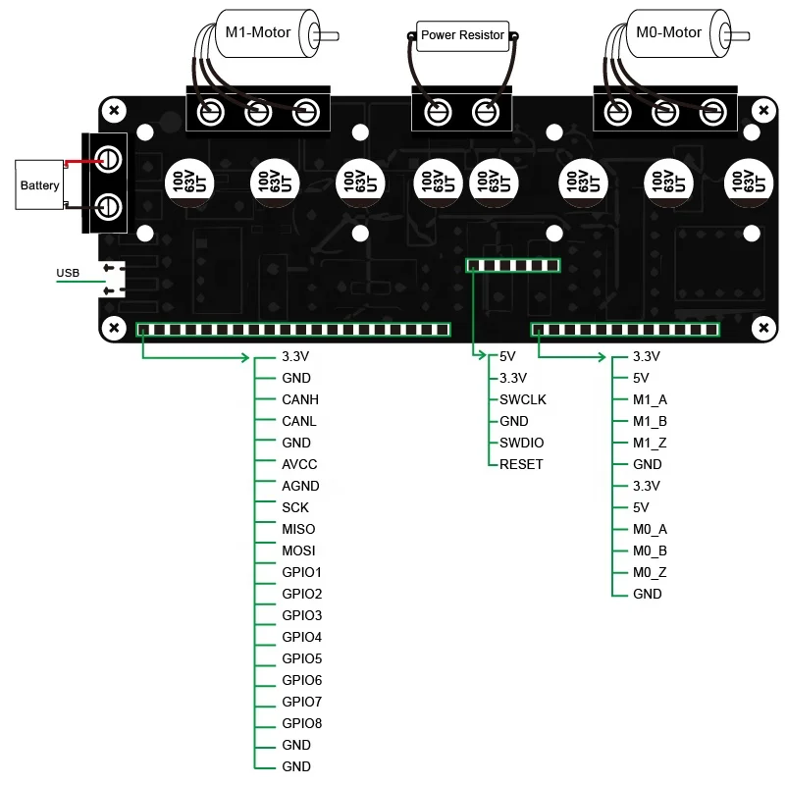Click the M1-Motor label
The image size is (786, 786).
[258, 32]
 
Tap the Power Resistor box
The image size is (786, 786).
[462, 35]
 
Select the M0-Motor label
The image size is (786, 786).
[668, 32]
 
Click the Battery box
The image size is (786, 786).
[39, 184]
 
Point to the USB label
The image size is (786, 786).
[68, 273]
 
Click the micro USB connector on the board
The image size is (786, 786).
[116, 281]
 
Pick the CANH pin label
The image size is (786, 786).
[300, 399]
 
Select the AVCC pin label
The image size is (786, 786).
[299, 464]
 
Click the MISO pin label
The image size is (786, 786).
[298, 529]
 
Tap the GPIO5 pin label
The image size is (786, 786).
[301, 658]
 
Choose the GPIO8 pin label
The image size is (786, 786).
[301, 723]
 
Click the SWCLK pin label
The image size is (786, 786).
[523, 399]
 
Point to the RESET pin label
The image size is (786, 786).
[521, 464]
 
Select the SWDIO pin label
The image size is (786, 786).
[522, 443]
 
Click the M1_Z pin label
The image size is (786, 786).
[650, 443]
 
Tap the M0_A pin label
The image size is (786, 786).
[650, 529]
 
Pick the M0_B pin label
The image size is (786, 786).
[650, 550]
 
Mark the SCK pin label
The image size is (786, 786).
[295, 507]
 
